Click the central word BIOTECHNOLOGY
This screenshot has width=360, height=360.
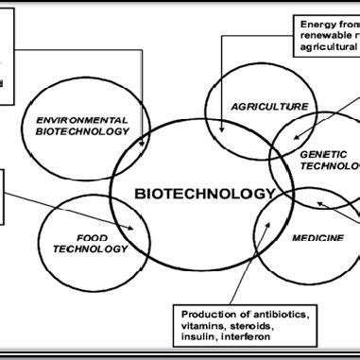[204, 194]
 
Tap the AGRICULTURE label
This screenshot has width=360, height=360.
[270, 108]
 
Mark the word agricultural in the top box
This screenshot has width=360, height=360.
[327, 44]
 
